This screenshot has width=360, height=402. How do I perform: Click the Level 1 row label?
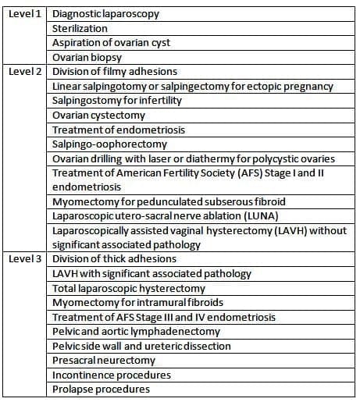click(x=24, y=13)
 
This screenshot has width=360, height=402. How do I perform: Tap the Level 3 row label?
click(x=24, y=259)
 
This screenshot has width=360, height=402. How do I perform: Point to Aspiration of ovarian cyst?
click(x=111, y=42)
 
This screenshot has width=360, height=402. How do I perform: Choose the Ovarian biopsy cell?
click(x=86, y=57)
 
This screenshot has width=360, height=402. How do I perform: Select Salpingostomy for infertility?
click(x=116, y=101)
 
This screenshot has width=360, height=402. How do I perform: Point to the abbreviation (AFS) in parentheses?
click(x=222, y=173)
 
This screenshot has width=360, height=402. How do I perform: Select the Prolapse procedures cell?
click(x=101, y=390)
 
